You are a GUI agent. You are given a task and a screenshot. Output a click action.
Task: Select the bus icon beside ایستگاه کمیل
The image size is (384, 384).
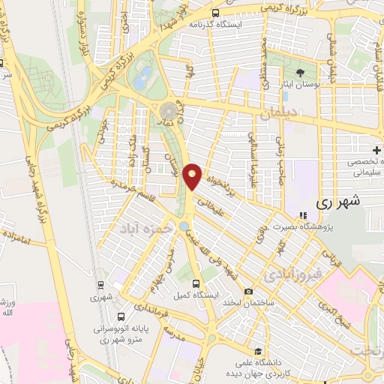pyautogui.click(x=196, y=283)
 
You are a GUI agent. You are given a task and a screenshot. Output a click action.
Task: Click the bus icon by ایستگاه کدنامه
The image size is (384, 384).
pyautogui.click(x=216, y=13)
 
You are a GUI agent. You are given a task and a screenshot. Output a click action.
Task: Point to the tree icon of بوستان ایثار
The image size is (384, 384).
pyautogui.click(x=300, y=73)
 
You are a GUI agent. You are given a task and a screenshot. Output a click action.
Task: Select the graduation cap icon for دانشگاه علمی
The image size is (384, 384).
pyautogui.click(x=256, y=350)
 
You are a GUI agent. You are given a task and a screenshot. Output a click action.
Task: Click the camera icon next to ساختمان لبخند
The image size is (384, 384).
pyautogui.click(x=248, y=291)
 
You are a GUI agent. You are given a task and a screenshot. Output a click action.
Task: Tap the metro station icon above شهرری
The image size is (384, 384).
pyautogui.click(x=100, y=284)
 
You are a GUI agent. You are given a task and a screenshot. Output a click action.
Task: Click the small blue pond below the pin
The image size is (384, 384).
pyautogui.click(x=184, y=226)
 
